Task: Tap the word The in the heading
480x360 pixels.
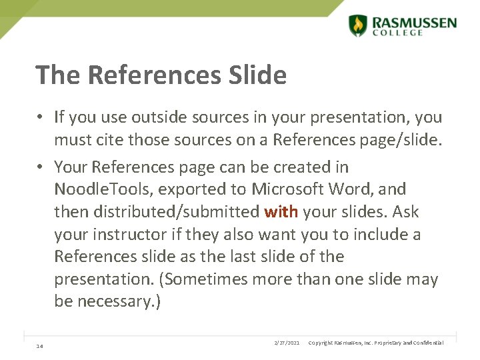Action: point(58,75)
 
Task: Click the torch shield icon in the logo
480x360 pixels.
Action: point(358,25)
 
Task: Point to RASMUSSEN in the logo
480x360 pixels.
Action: point(415,22)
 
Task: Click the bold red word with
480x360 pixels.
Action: point(281,211)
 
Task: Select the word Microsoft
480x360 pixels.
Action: point(285,189)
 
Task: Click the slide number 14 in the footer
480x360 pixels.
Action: point(40,345)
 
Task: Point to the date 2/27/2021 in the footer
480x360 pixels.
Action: point(287,343)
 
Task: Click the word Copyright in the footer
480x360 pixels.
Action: point(323,343)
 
